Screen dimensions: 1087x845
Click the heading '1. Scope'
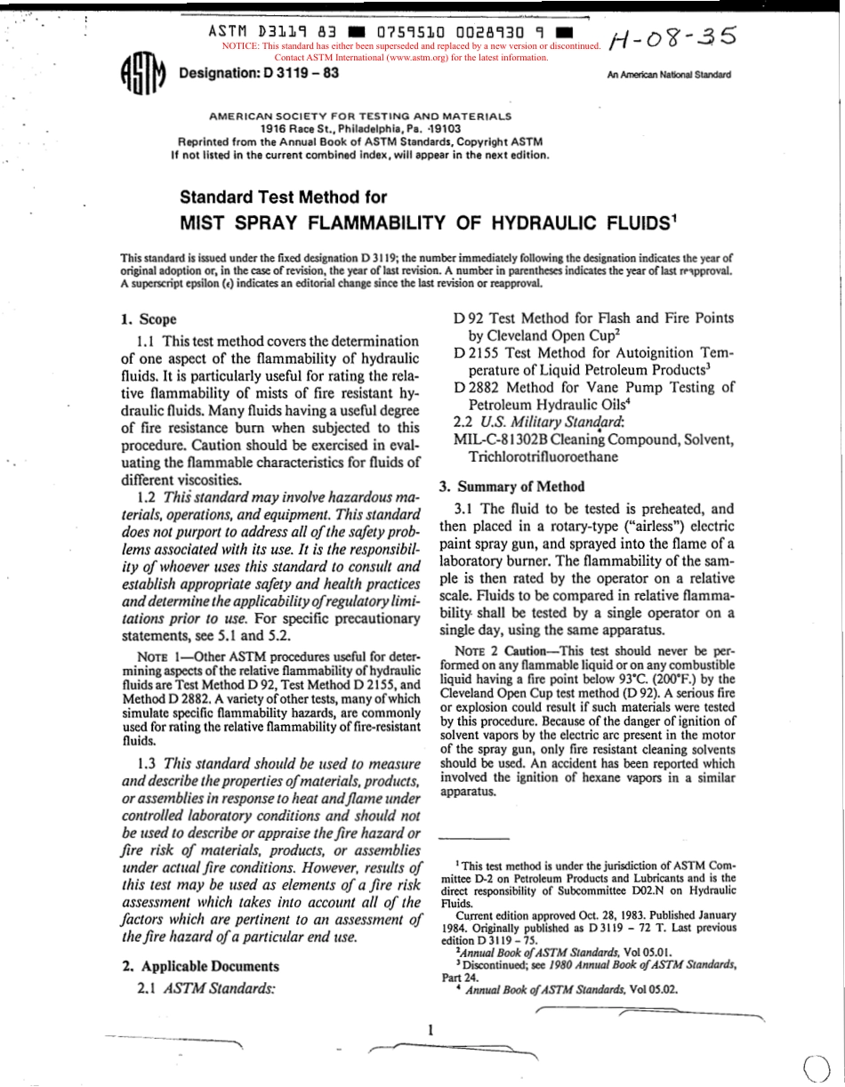(x=149, y=319)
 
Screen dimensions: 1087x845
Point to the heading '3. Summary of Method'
(x=512, y=486)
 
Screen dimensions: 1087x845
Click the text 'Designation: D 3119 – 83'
(x=260, y=72)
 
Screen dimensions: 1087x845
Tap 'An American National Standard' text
(x=668, y=76)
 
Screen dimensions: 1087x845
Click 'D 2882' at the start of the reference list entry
(x=475, y=387)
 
